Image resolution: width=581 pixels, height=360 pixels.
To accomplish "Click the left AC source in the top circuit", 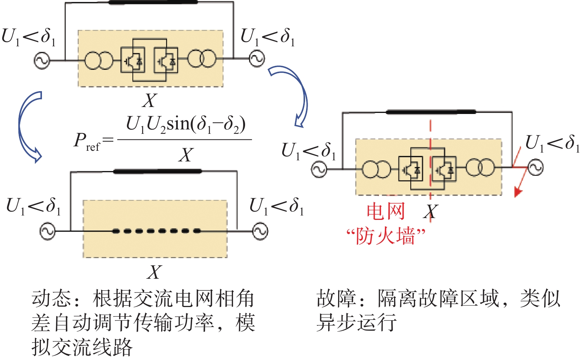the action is (x=42, y=61).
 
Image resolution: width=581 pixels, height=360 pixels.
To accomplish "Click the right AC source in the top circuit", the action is (x=257, y=59).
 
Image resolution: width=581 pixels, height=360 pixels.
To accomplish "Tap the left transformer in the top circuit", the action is (x=99, y=61).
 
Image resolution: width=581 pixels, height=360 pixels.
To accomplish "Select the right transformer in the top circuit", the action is (x=202, y=58).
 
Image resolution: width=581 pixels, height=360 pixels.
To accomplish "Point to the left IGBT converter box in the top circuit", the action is (x=133, y=60).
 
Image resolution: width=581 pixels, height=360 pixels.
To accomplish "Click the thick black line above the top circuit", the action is (x=153, y=2).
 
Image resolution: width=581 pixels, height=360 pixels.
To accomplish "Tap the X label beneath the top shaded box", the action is (x=149, y=100).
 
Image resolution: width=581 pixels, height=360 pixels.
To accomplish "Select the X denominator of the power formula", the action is (x=186, y=155).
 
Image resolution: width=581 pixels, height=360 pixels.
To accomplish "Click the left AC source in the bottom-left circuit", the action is (x=47, y=231).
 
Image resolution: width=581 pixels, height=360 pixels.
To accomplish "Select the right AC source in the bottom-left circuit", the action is (x=260, y=231).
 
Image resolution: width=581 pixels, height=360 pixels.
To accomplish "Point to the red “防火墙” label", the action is (x=386, y=236).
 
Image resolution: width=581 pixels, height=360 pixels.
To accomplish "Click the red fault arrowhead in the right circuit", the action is (x=518, y=193).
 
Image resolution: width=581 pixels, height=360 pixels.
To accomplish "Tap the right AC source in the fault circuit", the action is (x=535, y=168).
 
